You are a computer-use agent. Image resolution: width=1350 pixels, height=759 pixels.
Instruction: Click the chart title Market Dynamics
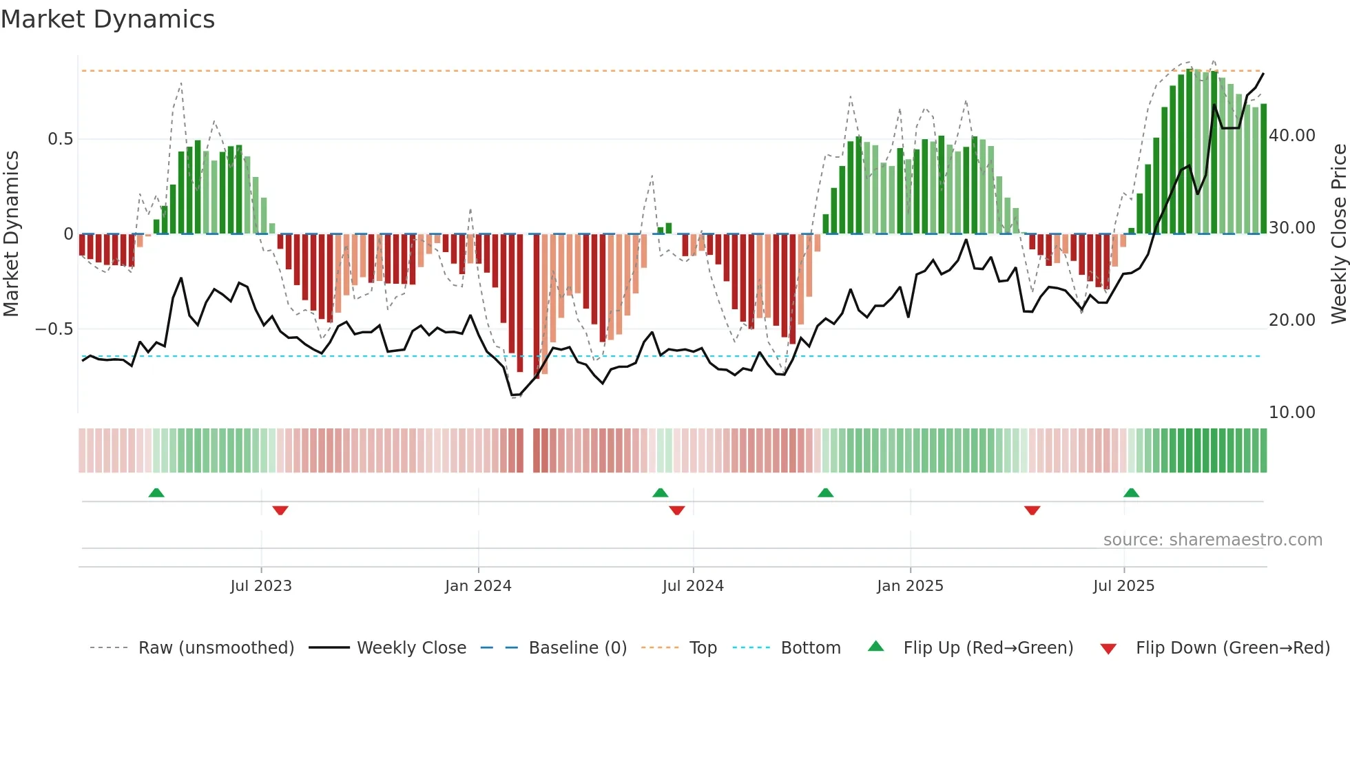[107, 19]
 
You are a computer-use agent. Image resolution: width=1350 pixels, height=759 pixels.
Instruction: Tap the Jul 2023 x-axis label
[261, 586]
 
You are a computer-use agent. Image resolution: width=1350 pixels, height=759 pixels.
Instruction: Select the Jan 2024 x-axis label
[478, 586]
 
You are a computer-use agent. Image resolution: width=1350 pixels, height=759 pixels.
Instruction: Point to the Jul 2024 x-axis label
[693, 586]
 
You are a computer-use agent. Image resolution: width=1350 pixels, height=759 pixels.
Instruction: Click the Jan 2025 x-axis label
[910, 586]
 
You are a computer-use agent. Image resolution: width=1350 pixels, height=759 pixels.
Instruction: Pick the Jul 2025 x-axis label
[1123, 586]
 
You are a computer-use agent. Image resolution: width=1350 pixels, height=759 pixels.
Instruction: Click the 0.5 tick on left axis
[60, 139]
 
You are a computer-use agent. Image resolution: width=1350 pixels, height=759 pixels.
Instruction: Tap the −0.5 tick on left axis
[54, 329]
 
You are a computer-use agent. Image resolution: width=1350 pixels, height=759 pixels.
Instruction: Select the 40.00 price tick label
[1292, 136]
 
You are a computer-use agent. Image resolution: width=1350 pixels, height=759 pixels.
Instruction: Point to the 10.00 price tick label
[1292, 413]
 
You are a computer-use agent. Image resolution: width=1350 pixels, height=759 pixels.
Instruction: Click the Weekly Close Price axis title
[1338, 234]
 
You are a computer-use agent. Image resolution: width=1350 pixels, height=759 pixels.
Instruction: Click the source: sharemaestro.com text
[1212, 540]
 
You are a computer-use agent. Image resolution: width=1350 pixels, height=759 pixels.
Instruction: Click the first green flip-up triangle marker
[156, 492]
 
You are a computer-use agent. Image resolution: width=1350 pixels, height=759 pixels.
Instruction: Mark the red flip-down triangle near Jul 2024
[677, 510]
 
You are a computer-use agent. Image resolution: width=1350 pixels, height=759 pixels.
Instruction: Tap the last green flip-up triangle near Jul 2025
[1131, 492]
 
